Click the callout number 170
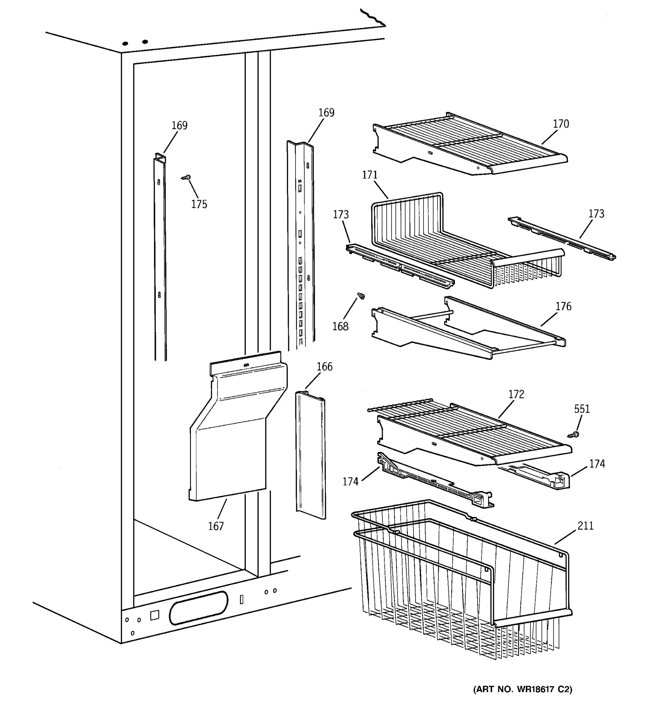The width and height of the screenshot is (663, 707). point(560,124)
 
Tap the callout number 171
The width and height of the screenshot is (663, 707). point(370,175)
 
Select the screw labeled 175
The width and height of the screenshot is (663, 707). point(187,177)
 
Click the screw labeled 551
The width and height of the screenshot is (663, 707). point(573,435)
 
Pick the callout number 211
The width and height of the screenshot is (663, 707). point(585,526)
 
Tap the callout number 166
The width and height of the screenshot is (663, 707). point(324,367)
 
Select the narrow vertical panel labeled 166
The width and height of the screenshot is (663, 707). point(311,455)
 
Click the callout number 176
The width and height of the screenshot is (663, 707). point(563,306)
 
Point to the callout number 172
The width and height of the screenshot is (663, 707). point(516,394)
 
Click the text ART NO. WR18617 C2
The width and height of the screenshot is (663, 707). point(522,690)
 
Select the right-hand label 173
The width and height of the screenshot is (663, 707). point(596,214)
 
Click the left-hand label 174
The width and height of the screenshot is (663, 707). point(350,482)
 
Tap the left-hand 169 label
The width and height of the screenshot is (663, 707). point(179,125)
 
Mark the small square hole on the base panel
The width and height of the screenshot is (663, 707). point(154,615)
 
